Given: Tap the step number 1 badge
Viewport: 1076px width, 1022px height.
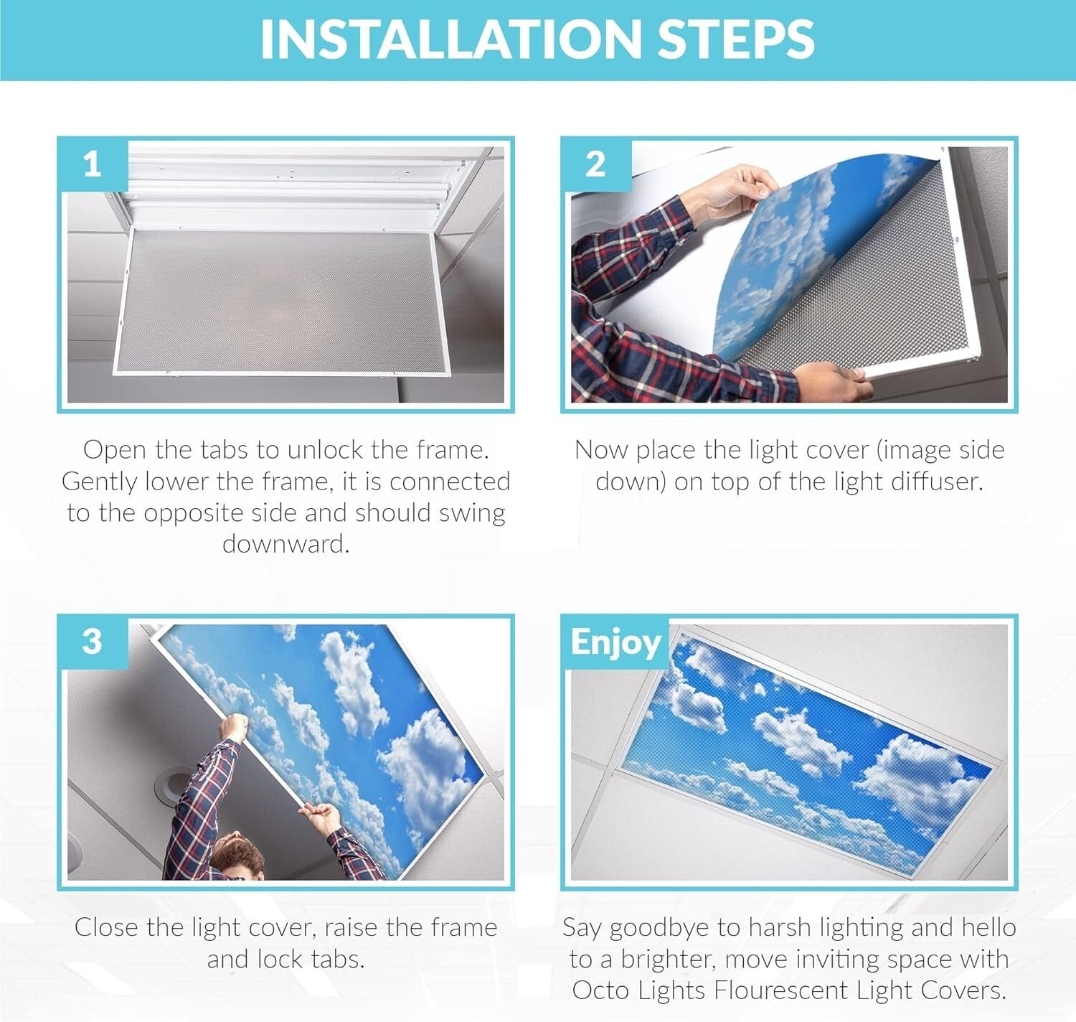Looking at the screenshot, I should coord(92,165).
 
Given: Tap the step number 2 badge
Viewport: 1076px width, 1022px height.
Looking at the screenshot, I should coord(595,165).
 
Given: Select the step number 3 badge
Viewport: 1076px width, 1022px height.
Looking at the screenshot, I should coord(92,641).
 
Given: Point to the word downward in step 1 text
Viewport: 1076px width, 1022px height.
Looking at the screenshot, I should coord(285,544).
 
